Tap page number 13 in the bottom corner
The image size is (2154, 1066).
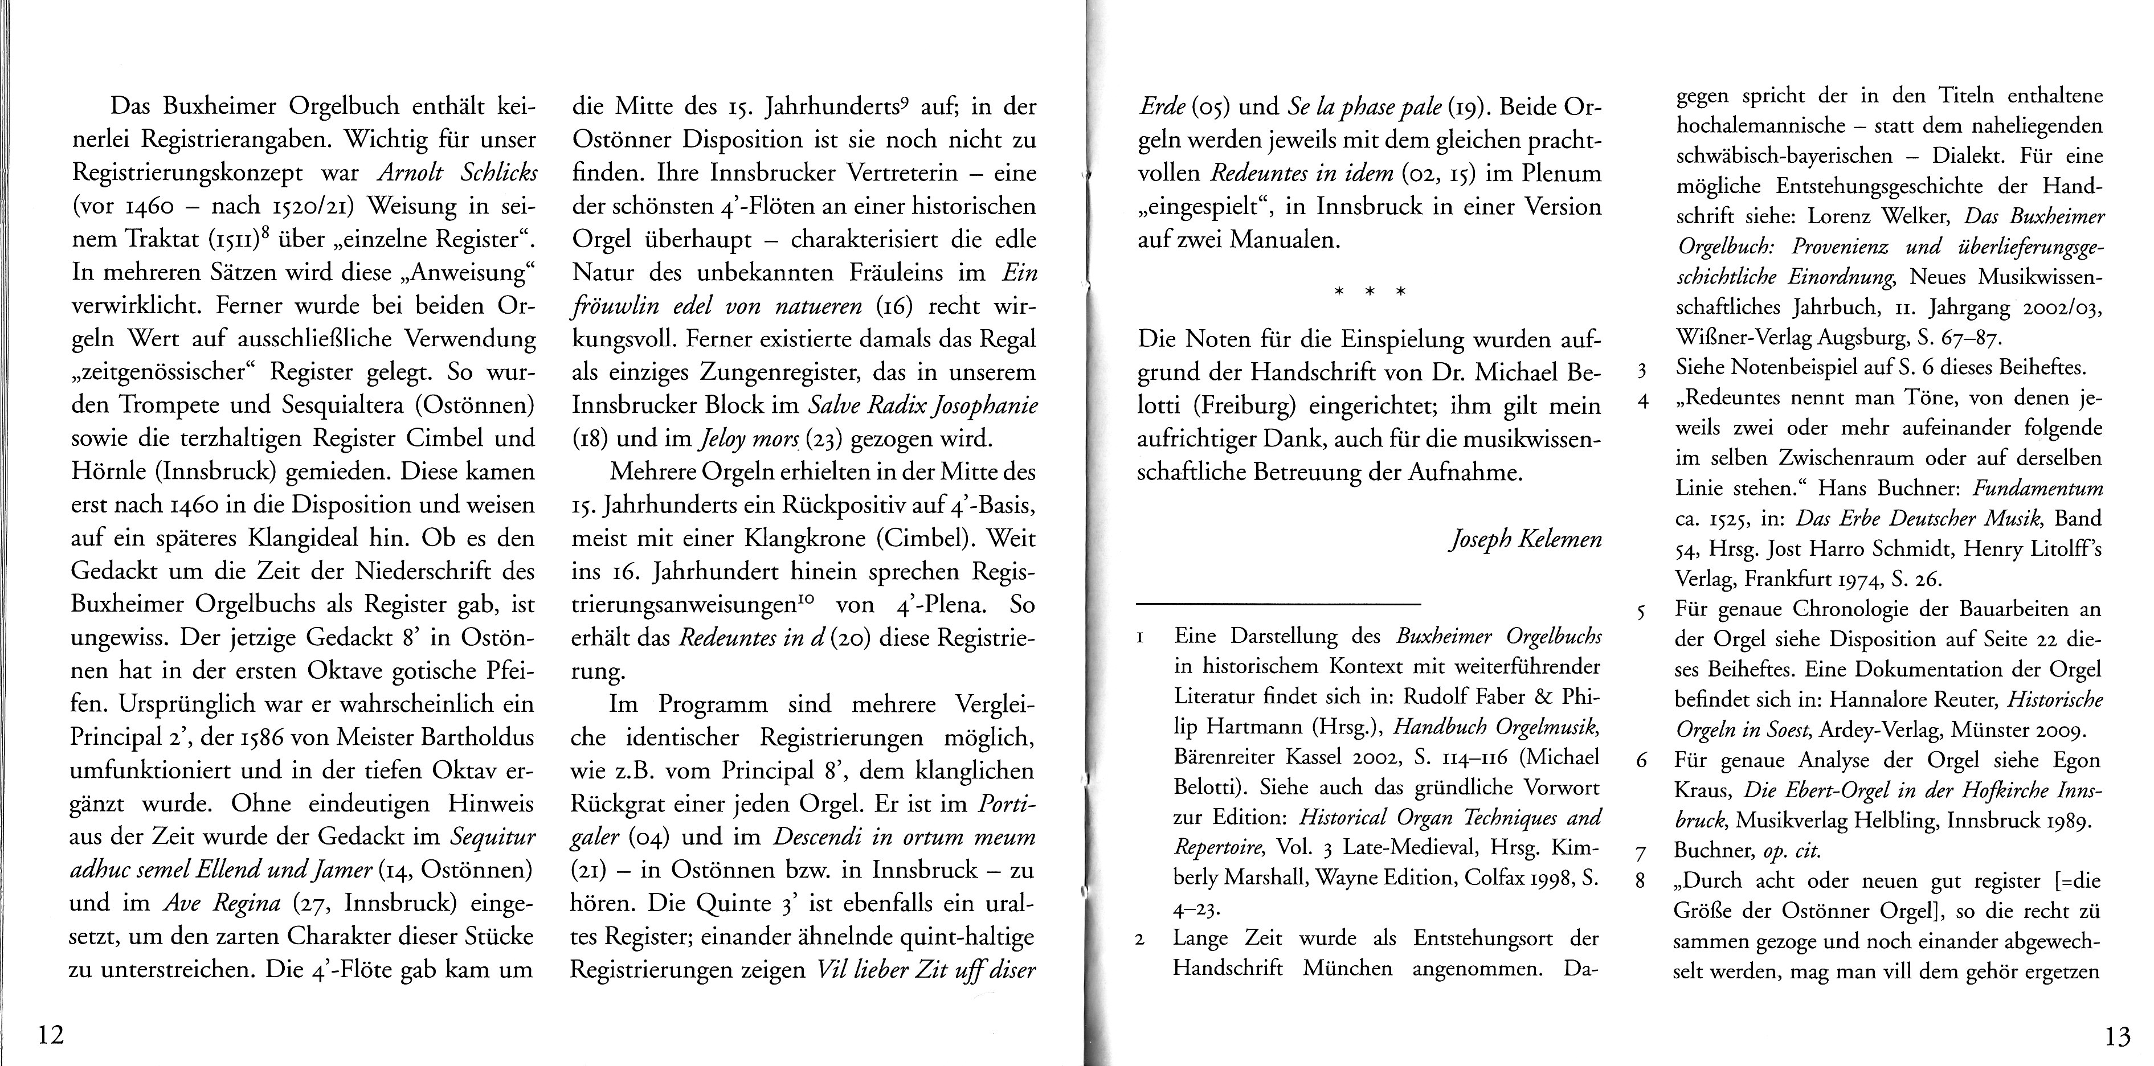point(2117,1038)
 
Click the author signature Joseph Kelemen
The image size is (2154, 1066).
point(1525,540)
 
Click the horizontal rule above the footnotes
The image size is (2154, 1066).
point(1278,604)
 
